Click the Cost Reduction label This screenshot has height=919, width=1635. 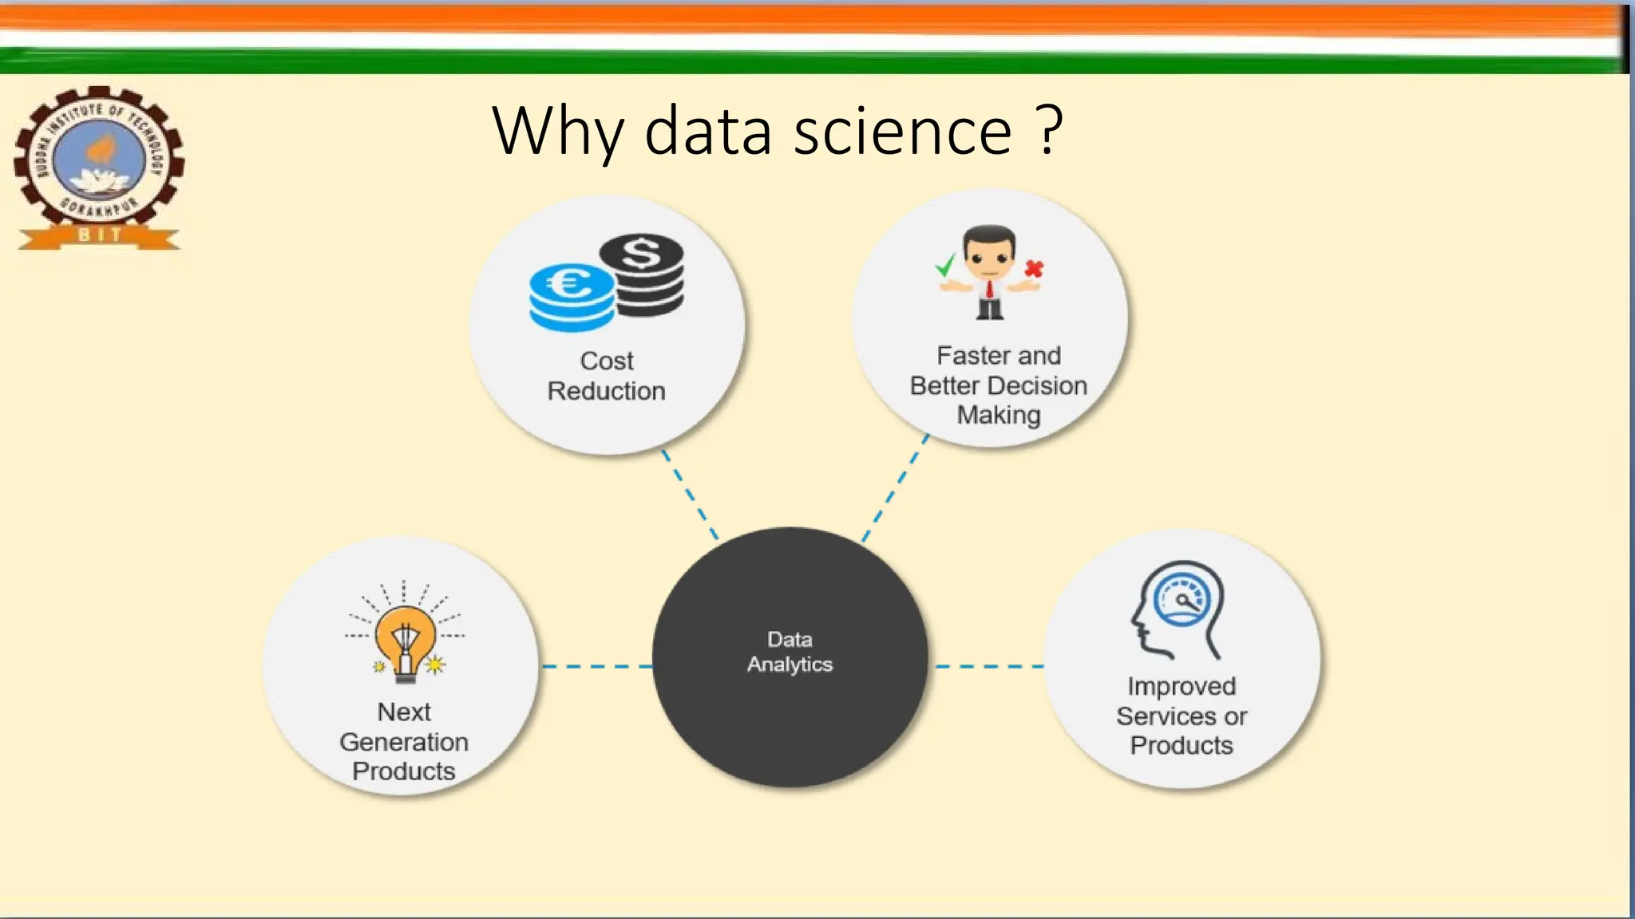[607, 376]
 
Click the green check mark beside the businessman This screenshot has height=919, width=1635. [946, 265]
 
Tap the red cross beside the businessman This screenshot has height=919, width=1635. [1034, 269]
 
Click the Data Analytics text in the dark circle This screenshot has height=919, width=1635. [790, 652]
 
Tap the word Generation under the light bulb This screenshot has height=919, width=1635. [404, 742]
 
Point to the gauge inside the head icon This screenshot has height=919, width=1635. [1183, 600]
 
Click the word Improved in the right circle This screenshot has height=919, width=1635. [1182, 686]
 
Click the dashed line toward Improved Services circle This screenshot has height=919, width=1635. [988, 666]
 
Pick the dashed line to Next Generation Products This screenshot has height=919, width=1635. [597, 666]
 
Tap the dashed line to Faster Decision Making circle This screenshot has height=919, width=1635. [895, 488]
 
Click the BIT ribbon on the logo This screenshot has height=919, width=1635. [100, 235]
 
